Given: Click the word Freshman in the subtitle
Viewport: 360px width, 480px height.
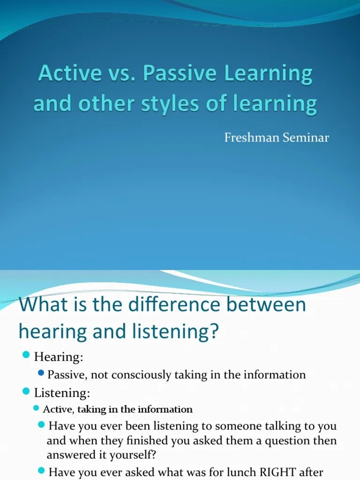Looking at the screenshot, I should [247, 138].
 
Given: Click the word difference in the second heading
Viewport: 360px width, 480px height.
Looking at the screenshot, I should [165, 305].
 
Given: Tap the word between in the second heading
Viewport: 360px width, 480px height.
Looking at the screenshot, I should [266, 305].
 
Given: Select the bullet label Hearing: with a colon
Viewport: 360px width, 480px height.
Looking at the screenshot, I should [59, 357].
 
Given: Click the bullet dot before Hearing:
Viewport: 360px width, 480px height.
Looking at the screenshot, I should [26, 356].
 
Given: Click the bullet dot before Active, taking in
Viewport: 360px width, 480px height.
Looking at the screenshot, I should [37, 408].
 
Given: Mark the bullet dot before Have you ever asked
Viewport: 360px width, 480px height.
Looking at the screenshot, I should [42, 470].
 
